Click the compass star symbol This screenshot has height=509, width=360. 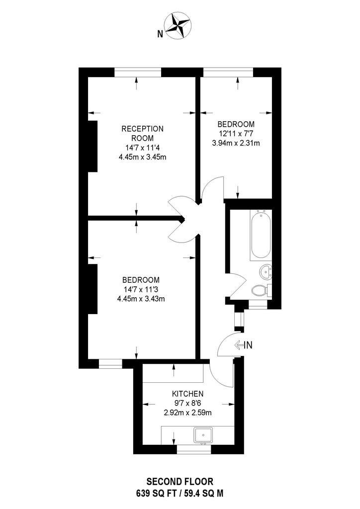point(178,26)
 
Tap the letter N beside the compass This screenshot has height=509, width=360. point(160,34)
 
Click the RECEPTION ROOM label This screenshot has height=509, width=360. point(142,133)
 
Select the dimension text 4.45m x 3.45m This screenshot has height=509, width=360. point(142,157)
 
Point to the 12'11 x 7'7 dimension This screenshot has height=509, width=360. point(236,133)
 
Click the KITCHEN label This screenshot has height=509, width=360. point(187,394)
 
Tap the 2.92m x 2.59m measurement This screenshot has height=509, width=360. point(187,413)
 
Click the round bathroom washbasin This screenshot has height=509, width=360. point(266,271)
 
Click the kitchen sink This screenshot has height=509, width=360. point(203,435)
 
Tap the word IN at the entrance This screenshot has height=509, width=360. point(248,345)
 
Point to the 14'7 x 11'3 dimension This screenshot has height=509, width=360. point(141,289)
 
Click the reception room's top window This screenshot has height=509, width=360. point(138,72)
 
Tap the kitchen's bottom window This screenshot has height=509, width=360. point(194,449)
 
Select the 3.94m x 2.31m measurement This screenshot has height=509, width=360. point(236,143)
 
